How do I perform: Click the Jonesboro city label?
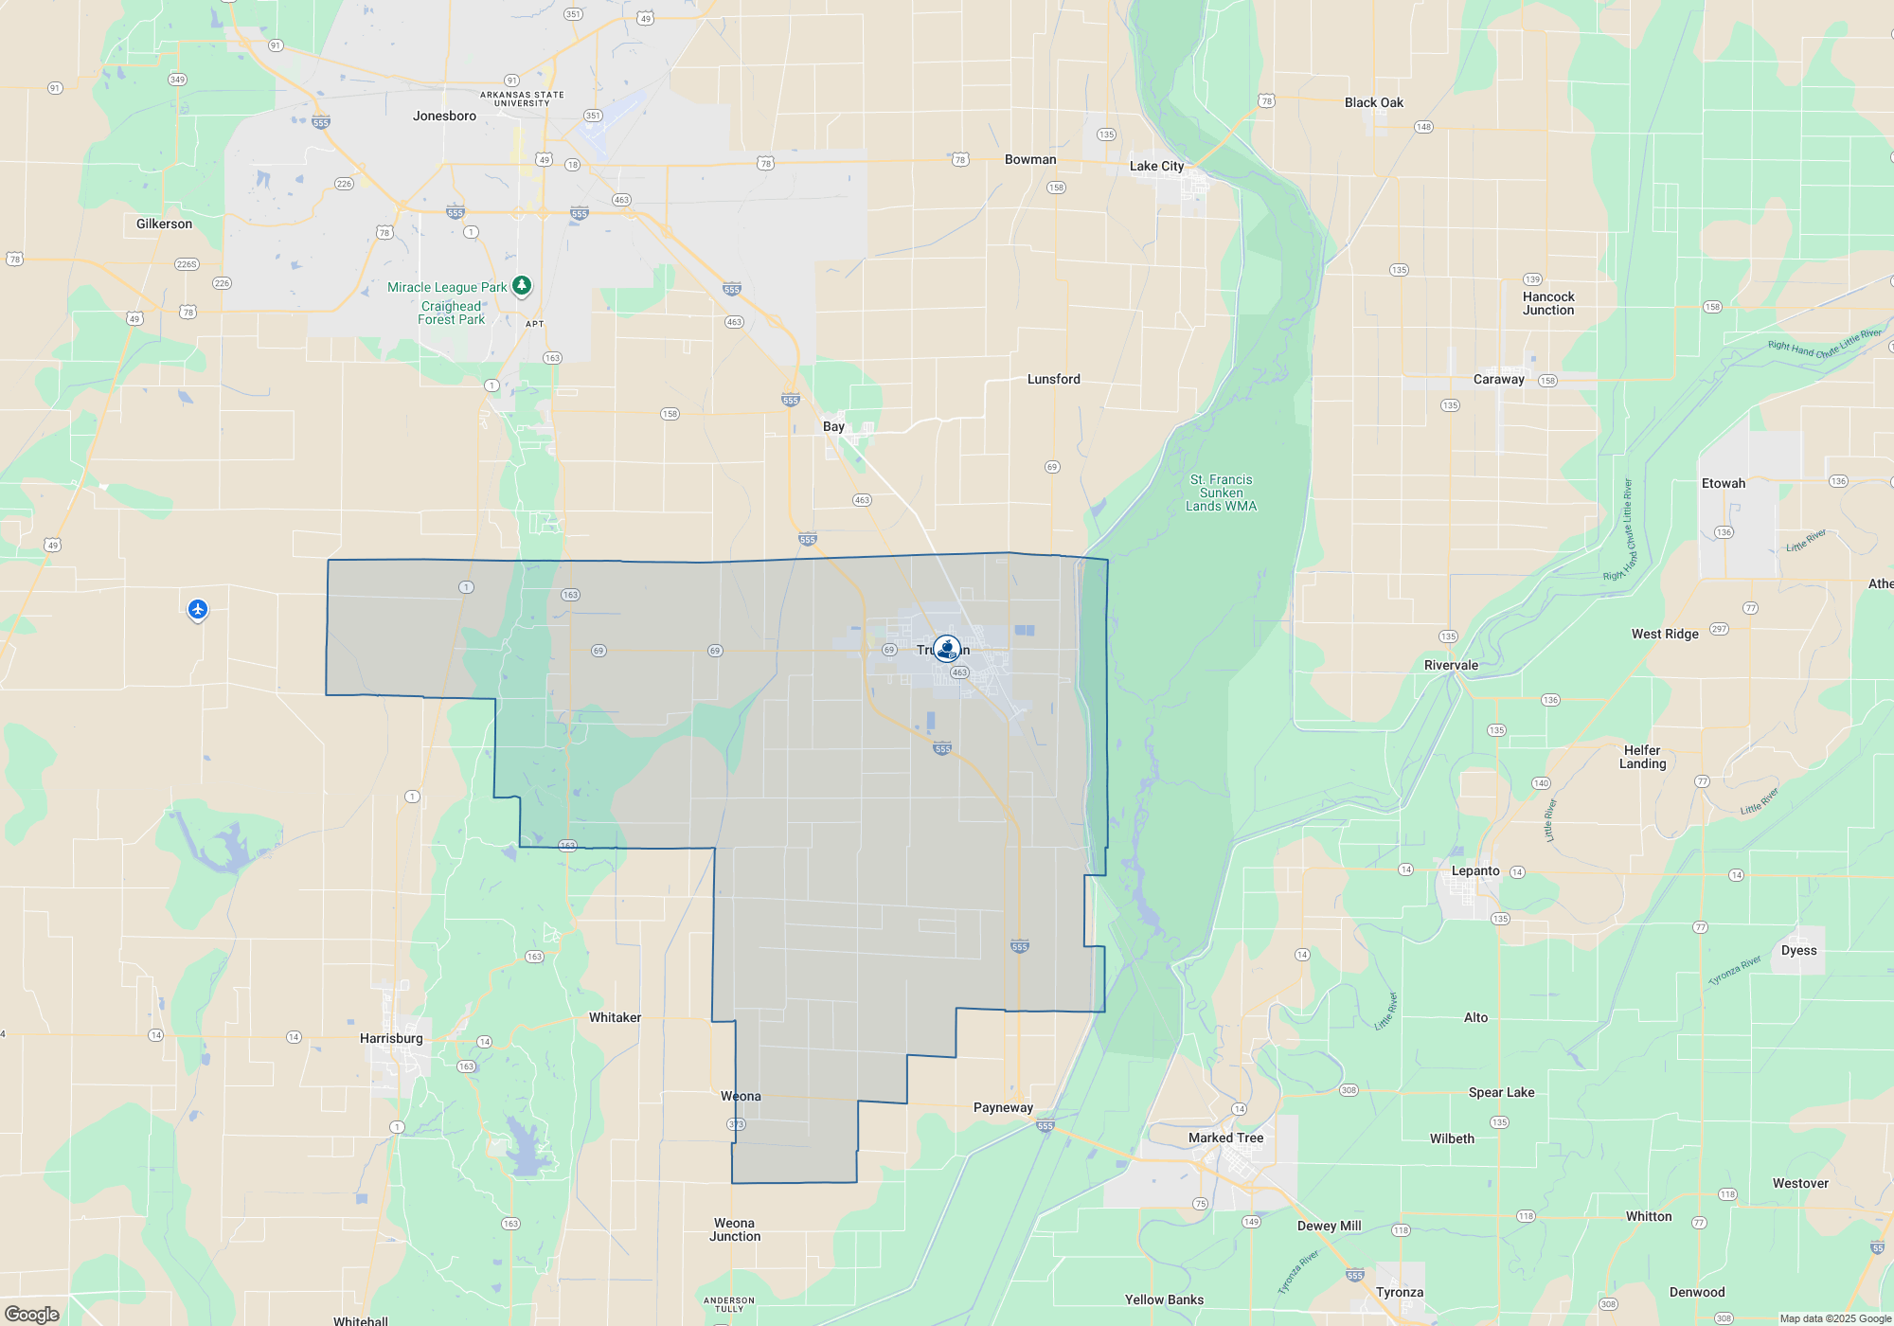coord(444,116)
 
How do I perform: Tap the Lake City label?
coord(1156,166)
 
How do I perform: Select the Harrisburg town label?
coord(391,1038)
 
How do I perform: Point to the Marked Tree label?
coord(1225,1138)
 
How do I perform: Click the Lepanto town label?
coord(1475,870)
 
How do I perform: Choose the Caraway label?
coord(1498,379)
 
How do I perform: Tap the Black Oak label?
coord(1373,102)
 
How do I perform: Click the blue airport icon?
coord(198,609)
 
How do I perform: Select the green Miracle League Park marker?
coord(522,285)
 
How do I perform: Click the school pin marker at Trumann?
coord(947,649)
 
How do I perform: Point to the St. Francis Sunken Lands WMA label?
coord(1221,493)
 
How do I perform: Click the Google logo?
coord(32,1314)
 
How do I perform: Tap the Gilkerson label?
coord(164,224)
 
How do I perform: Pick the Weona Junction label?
coord(735,1229)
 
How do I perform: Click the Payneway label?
coord(1003,1107)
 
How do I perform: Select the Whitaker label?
coord(615,1017)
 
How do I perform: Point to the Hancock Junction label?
coord(1548,303)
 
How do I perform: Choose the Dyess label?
coord(1798,950)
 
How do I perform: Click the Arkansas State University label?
coord(522,99)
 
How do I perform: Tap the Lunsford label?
coord(1053,379)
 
